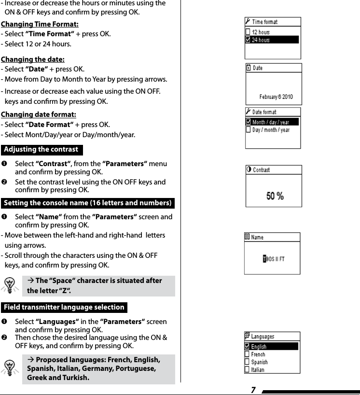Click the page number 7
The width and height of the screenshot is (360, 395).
coord(253,390)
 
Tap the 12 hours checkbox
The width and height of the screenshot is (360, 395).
coord(248,32)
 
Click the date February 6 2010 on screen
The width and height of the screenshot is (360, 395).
coord(276,97)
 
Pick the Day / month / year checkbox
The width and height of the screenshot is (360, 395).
coord(248,130)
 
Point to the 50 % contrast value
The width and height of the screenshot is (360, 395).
coord(275,196)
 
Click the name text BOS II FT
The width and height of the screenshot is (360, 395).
coord(274,259)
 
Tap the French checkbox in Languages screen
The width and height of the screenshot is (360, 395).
coord(247,354)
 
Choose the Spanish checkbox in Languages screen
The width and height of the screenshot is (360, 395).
coord(247,362)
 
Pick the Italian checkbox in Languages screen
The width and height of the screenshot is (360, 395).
coord(247,370)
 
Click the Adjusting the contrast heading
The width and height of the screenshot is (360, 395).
coord(41,150)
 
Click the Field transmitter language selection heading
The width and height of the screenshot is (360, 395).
coord(64,307)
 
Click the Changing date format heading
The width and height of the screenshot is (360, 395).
coord(38,114)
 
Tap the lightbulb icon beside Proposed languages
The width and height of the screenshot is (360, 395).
coord(10,368)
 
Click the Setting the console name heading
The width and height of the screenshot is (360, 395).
coord(87,203)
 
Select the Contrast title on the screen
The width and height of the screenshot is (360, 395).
coord(261,170)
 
